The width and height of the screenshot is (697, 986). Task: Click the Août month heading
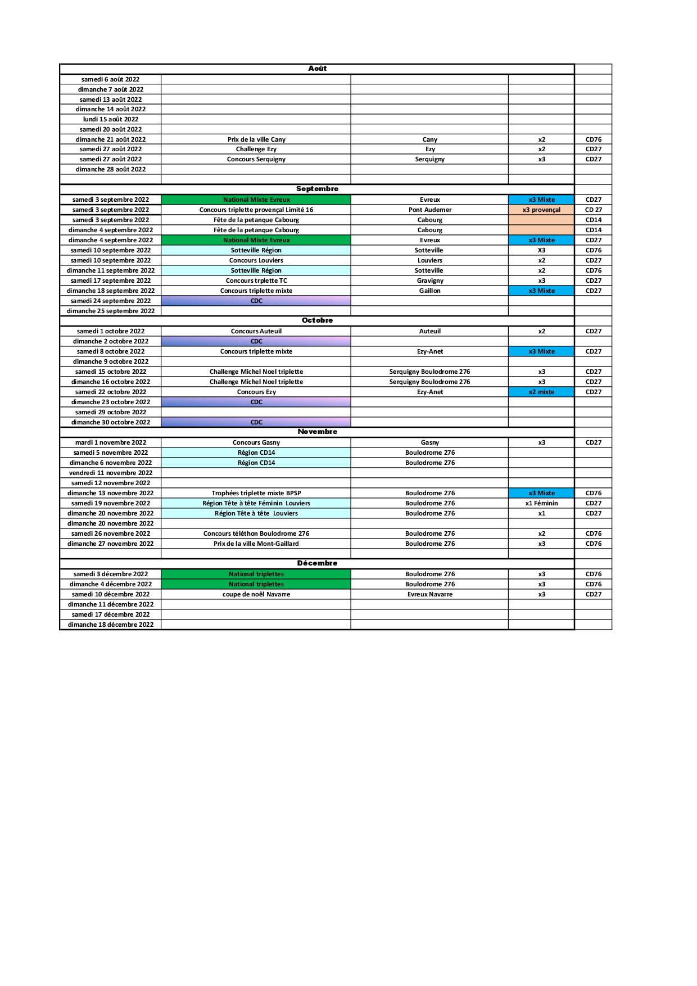(317, 69)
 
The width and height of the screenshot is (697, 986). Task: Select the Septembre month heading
(317, 189)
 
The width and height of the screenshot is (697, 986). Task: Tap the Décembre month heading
(317, 563)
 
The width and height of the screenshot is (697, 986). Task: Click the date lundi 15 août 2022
(111, 119)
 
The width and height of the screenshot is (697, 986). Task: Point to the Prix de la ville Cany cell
(256, 139)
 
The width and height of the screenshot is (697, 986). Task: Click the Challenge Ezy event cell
(256, 150)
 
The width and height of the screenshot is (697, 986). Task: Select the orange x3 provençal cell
(541, 210)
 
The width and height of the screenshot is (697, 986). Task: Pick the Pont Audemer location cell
(430, 210)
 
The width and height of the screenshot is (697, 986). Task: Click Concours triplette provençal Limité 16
(256, 210)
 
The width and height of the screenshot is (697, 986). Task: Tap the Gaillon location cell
(430, 291)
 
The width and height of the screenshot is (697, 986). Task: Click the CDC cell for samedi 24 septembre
(256, 301)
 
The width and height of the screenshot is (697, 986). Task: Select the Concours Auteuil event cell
(256, 332)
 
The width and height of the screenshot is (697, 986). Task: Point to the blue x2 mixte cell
(541, 392)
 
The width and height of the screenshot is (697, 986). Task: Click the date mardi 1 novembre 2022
(111, 443)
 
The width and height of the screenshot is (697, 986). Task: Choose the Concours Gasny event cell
(256, 443)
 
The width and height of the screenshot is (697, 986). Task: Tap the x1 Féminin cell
(541, 504)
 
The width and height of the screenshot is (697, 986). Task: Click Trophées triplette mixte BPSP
(256, 494)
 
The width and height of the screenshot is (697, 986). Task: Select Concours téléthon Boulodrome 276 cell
(256, 534)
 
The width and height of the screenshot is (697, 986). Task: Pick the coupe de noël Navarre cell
(256, 595)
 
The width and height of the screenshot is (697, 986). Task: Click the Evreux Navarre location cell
(430, 595)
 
